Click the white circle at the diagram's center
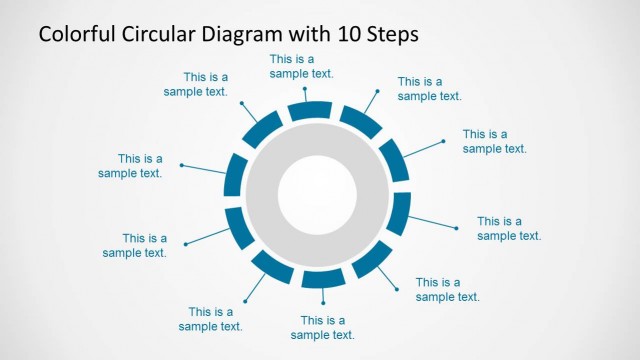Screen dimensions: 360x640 pos(316,192)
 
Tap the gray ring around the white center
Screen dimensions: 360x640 pos(316,144)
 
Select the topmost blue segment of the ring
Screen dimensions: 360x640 pos(310,111)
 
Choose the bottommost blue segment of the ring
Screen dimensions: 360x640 pos(322,279)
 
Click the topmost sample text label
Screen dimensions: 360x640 pos(301,66)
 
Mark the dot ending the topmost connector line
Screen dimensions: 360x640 pos(305,89)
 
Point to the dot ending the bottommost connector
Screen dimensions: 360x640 pos(322,303)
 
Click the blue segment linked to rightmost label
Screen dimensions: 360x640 pos(398,213)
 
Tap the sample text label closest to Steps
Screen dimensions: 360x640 pos(429,89)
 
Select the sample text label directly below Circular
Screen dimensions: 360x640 pos(196,84)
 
